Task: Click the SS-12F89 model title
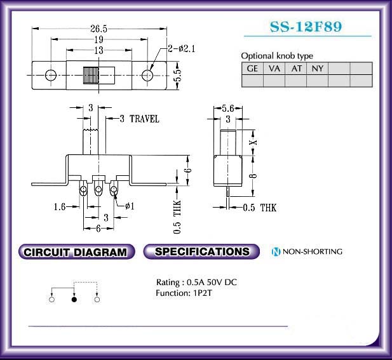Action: point(306,27)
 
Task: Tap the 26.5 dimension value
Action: point(98,29)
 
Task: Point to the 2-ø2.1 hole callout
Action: point(182,48)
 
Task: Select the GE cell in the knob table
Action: point(252,69)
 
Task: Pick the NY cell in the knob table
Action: point(317,69)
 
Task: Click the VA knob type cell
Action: point(274,69)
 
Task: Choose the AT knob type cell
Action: point(296,69)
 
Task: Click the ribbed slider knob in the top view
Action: point(91,75)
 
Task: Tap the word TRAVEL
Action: point(144,119)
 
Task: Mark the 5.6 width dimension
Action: point(228,109)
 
